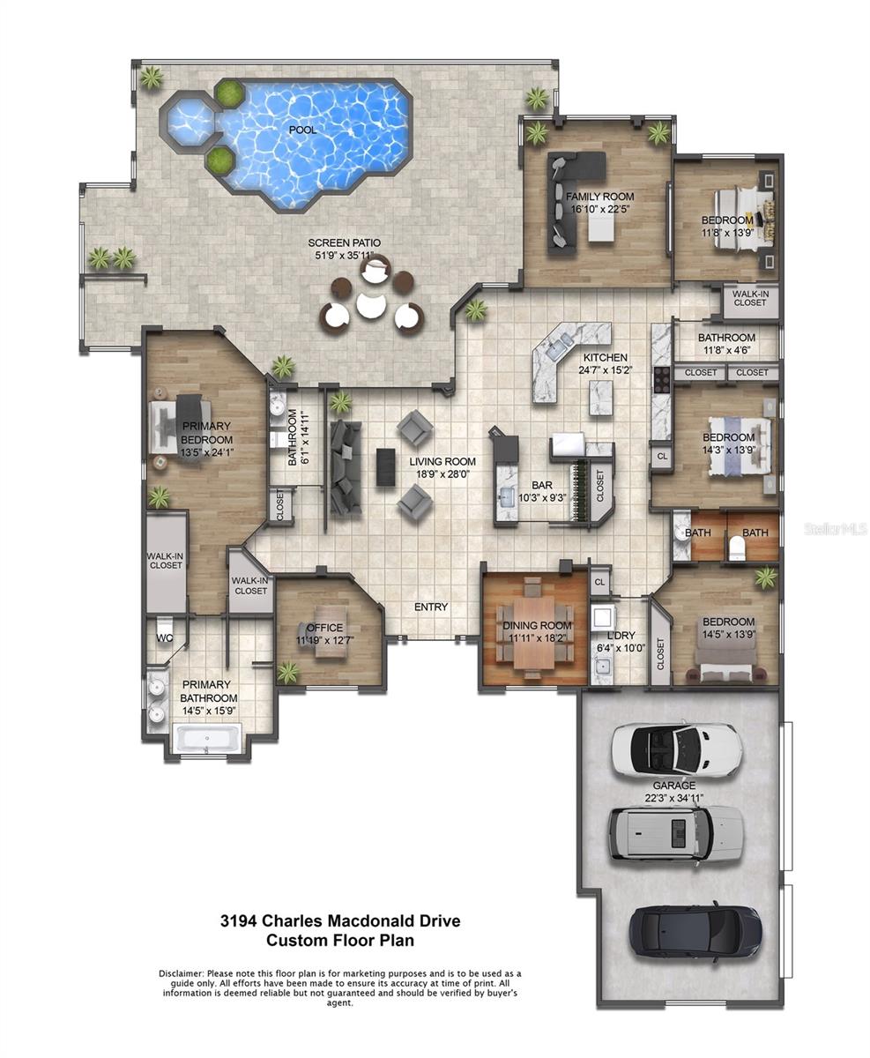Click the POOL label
[x=303, y=130]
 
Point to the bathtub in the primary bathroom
[x=206, y=738]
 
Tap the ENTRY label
[x=431, y=607]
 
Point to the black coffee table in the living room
[x=385, y=466]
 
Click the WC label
[x=165, y=637]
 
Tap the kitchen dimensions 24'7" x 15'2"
[x=606, y=370]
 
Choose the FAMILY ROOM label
[x=599, y=197]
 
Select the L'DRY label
[x=621, y=635]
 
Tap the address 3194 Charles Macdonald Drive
[x=340, y=920]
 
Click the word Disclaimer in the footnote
[x=182, y=973]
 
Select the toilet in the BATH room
[x=737, y=548]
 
